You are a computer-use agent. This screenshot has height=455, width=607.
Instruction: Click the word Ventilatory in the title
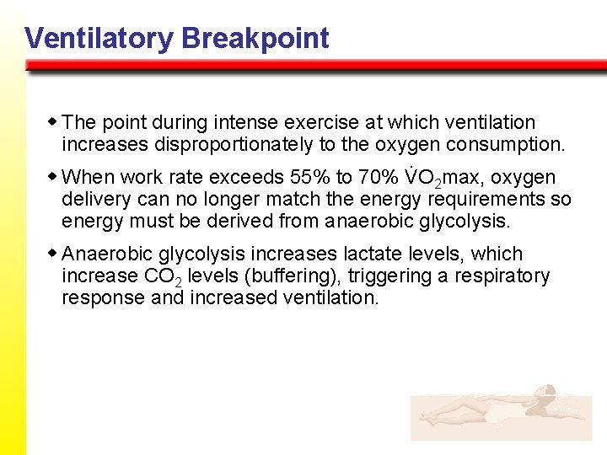pyautogui.click(x=99, y=38)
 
